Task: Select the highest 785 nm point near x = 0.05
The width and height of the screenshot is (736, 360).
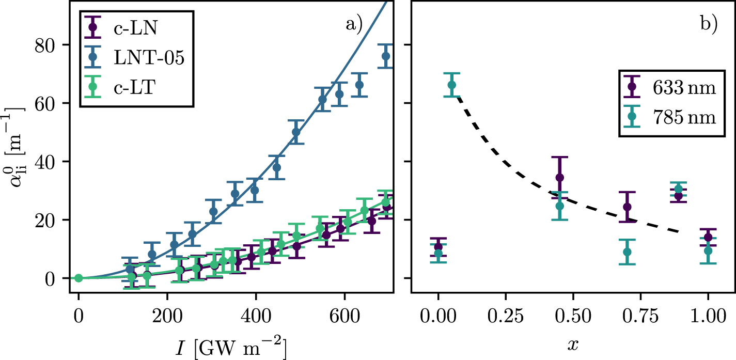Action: tap(451, 85)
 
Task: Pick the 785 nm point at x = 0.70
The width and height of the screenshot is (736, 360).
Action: tap(627, 252)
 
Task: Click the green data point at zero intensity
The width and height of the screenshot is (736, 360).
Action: tap(79, 278)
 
